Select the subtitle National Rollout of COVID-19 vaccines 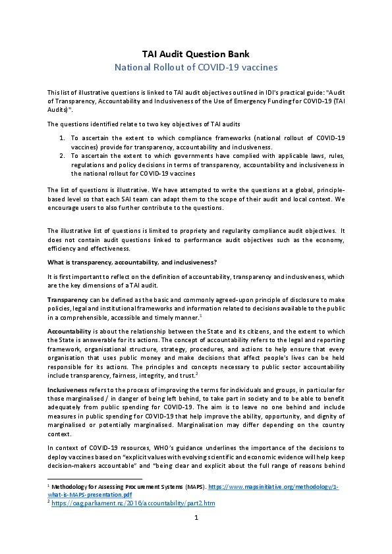click(x=196, y=67)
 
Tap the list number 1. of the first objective click(x=61, y=137)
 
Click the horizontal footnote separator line click(x=95, y=479)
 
